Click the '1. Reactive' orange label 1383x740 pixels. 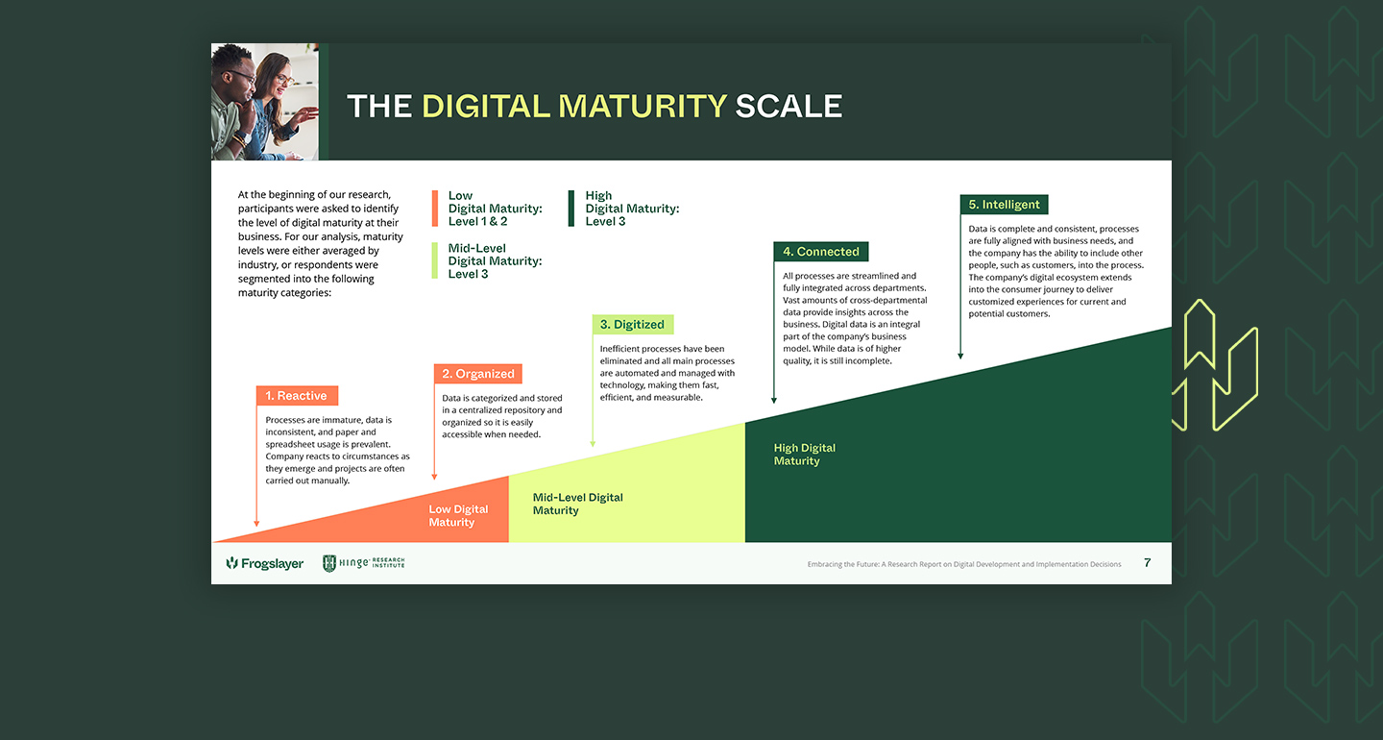297,395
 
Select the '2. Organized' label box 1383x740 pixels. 478,374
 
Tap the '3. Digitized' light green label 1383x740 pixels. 633,324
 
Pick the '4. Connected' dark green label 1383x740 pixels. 821,252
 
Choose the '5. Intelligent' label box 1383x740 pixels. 1004,205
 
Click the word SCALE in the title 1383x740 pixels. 789,107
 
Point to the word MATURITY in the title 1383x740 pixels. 643,107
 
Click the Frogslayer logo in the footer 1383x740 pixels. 265,563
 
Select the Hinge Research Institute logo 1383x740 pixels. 364,563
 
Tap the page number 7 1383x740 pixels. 1147,563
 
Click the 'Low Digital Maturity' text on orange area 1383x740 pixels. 458,516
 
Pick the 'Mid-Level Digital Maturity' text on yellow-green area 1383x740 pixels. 577,504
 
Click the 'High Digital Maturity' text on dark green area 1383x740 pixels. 804,454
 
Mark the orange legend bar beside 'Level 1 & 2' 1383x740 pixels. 435,209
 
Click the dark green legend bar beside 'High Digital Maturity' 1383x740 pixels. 571,209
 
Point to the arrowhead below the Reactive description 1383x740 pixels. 256,524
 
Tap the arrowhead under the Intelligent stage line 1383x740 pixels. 960,356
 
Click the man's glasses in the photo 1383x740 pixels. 241,77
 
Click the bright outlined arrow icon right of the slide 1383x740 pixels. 1215,366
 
